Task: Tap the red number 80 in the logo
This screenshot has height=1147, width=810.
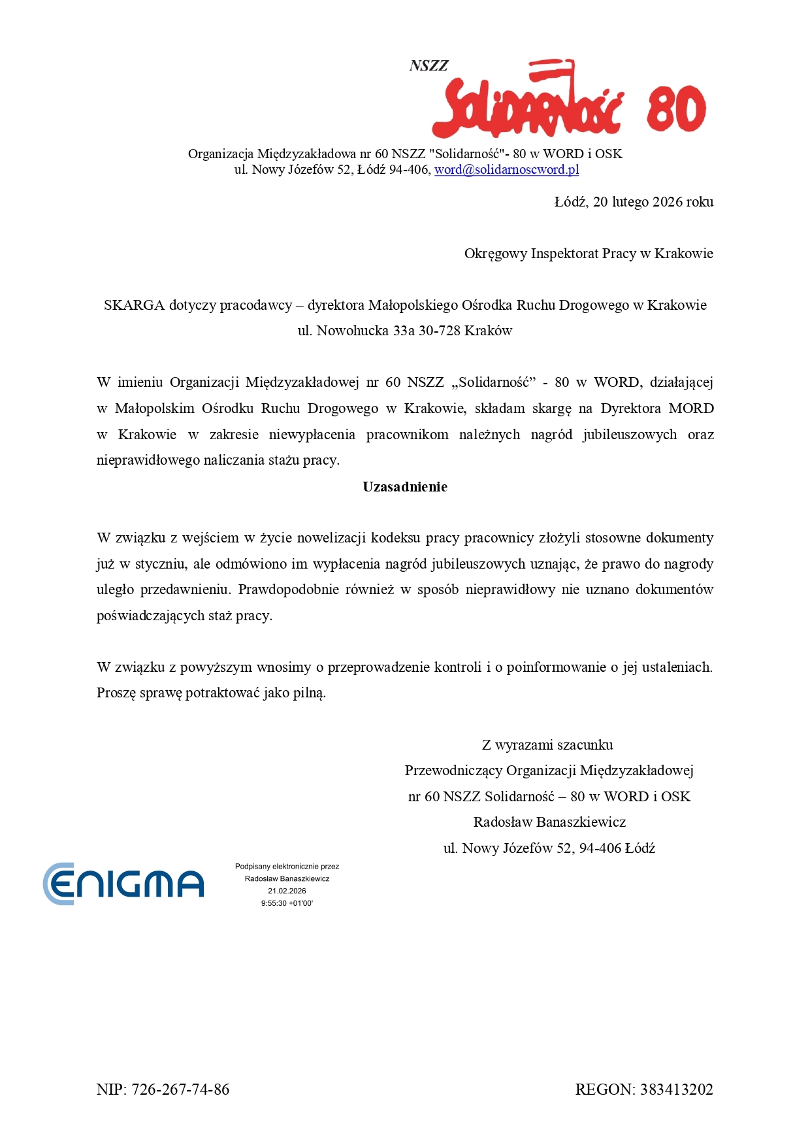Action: point(676,109)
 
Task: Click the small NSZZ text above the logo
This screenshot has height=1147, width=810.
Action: point(429,65)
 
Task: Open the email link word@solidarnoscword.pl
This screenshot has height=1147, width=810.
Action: point(506,170)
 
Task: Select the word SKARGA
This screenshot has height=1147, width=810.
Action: point(133,305)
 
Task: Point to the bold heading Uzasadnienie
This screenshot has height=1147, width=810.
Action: point(405,487)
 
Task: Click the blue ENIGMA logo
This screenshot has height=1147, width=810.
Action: point(123,884)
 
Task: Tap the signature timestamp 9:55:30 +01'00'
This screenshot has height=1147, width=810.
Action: point(287,903)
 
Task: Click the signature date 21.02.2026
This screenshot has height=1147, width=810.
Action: point(287,891)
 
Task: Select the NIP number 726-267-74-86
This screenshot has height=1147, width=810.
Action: point(180,1089)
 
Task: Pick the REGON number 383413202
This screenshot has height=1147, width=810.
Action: point(676,1089)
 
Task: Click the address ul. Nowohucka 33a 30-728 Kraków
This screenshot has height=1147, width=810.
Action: point(405,331)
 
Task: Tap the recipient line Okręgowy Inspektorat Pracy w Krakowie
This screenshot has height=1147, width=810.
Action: point(588,254)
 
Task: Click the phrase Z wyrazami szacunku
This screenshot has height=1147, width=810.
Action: point(547,745)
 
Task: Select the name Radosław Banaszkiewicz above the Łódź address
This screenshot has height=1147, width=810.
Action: point(549,822)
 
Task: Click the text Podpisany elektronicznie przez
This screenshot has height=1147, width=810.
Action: point(287,867)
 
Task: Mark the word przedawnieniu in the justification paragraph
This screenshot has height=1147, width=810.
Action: point(185,590)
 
